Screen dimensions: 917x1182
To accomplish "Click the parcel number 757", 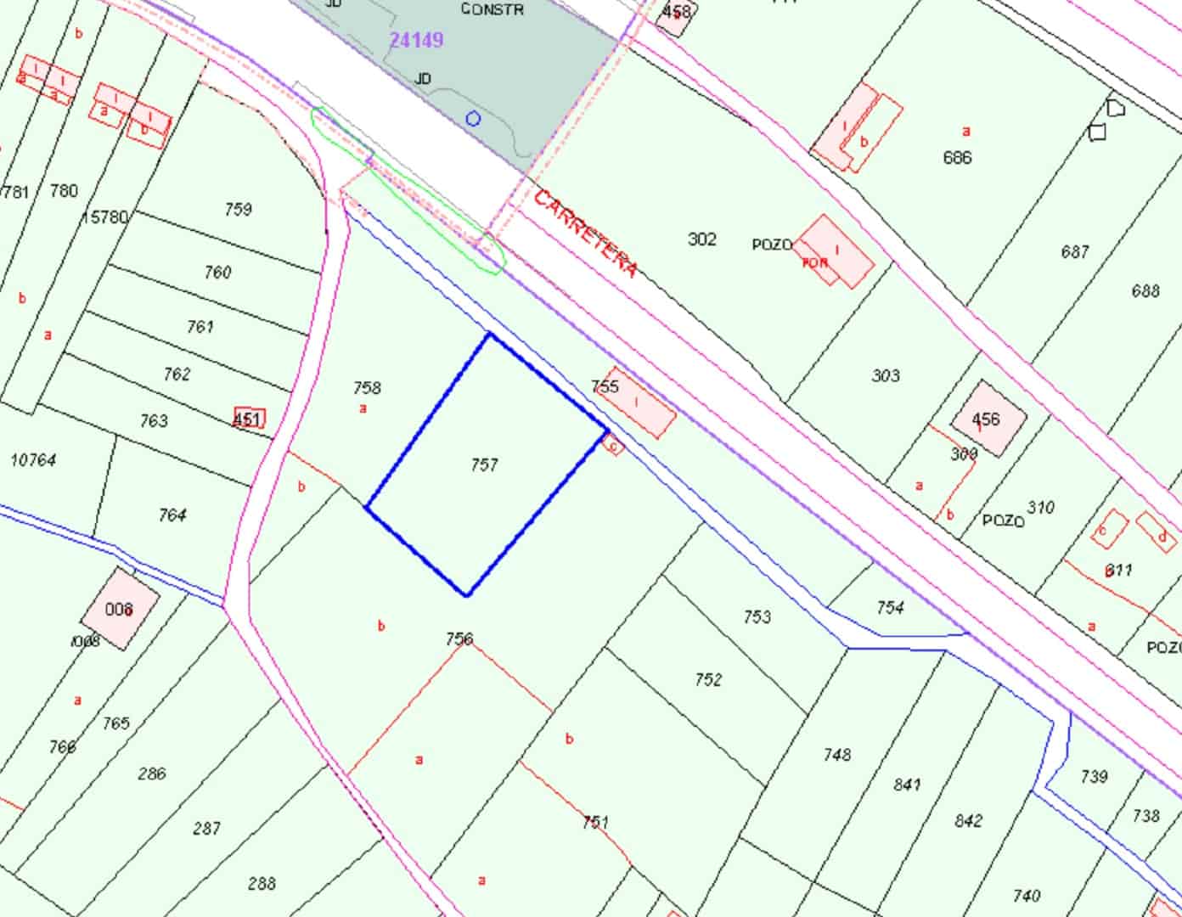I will pos(484,464).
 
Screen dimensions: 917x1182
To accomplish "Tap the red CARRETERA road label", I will pos(586,234).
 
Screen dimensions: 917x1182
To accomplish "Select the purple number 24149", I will pos(416,40).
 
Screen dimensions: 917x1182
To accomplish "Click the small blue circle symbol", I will pos(473,119).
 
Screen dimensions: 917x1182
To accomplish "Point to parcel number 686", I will pos(957,157).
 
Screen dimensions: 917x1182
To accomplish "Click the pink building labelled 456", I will pos(987,419).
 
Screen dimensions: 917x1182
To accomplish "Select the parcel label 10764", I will pos(33,460).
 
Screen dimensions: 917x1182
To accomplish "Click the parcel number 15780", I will pos(104,218).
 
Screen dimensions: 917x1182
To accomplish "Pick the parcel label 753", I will pos(757,616).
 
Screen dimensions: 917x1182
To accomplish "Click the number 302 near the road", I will pos(702,239).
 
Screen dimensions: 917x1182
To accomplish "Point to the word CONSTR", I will pos(492,9).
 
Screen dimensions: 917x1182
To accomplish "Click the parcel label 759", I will pos(239,209).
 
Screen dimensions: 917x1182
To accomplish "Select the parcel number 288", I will pos(262,884).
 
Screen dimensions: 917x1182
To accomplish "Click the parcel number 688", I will pos(1145,291).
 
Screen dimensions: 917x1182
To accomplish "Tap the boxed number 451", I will pos(248,419).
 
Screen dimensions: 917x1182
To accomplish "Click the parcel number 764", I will pos(172,515).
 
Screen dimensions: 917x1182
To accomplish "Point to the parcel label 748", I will pos(836,754).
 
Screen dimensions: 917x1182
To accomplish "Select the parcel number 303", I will pos(886,375).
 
